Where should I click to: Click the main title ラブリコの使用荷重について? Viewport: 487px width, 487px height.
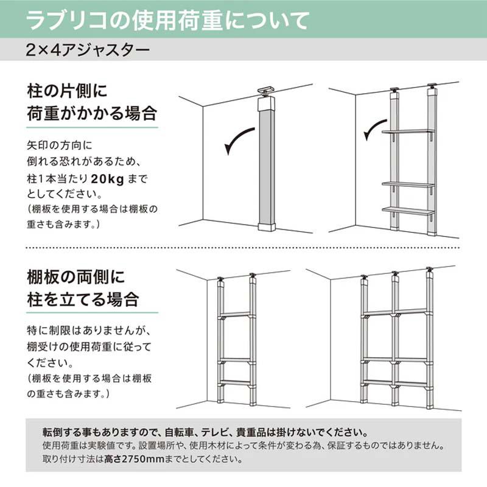click(168, 21)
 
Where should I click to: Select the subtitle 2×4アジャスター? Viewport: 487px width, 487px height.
click(88, 50)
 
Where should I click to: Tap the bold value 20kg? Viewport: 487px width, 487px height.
click(108, 179)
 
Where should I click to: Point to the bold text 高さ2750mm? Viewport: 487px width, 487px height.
click(134, 459)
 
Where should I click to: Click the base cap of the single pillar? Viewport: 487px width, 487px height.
click(267, 226)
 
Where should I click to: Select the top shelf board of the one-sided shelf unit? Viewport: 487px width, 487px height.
click(408, 131)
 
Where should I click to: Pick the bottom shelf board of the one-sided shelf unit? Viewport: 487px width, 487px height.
click(408, 211)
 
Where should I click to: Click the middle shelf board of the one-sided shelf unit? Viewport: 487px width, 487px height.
click(408, 184)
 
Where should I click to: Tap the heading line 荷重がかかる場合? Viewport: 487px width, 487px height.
click(92, 113)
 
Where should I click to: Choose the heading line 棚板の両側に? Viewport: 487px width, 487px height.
click(75, 276)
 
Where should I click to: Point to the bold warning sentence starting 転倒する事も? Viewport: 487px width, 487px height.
click(205, 432)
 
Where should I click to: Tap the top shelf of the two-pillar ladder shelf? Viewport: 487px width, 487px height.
click(236, 315)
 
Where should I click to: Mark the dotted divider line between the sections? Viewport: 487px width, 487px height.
click(243, 248)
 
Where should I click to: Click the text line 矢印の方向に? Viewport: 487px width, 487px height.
click(60, 145)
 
